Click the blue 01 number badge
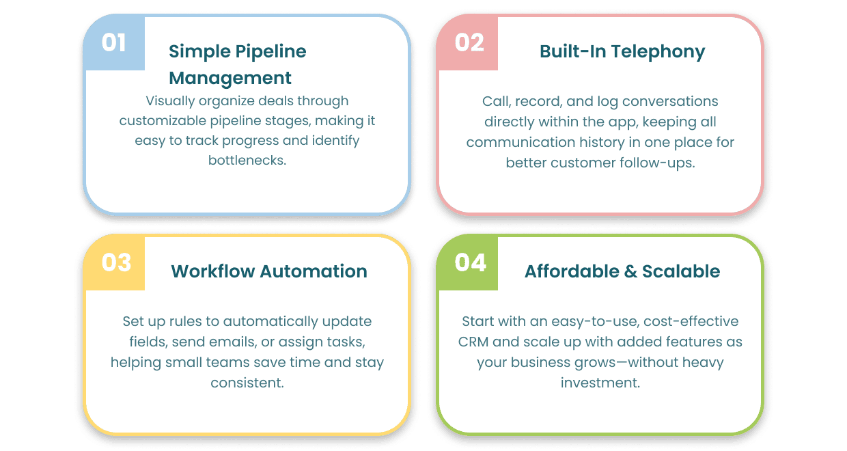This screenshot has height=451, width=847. [114, 43]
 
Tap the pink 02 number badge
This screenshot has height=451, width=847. [469, 43]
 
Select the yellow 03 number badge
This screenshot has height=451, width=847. [115, 263]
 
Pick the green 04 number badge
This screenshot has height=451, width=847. [469, 263]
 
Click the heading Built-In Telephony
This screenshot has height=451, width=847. [622, 51]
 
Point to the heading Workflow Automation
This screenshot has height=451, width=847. [269, 271]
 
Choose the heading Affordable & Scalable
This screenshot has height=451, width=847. [622, 271]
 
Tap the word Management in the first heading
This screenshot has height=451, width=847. [230, 78]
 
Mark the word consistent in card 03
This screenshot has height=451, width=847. [247, 383]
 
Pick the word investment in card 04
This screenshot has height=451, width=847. [600, 383]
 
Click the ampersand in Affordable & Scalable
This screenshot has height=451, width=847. [630, 271]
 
